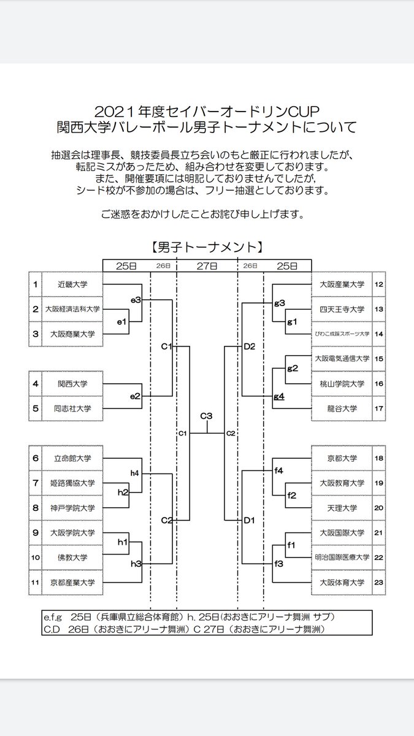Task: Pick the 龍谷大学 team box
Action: pos(342,408)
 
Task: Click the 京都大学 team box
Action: pos(342,458)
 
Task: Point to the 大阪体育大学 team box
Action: pos(342,583)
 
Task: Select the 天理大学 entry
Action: pos(342,508)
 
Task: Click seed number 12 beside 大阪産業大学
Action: pos(378,285)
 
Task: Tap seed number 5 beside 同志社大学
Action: pos(36,408)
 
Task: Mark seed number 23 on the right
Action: pos(378,583)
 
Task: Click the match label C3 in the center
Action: pos(207,416)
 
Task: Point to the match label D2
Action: pos(249,347)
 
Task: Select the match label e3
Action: pos(136,300)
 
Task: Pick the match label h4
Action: pos(136,473)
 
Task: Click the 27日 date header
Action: pos(207,266)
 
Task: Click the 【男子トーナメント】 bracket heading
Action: pos(207,247)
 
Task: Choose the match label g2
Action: pos(293,368)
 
